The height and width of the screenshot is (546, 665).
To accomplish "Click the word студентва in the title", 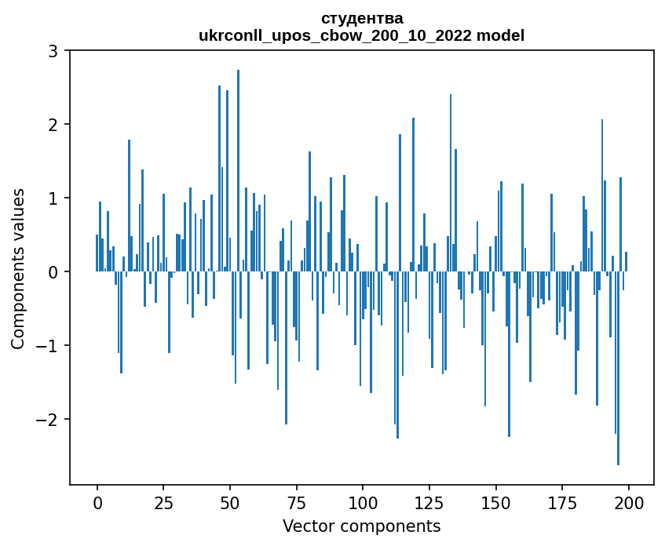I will click(x=362, y=18).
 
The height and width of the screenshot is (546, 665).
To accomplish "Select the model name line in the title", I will click(x=362, y=35).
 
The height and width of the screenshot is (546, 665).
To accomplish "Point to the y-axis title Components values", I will click(x=17, y=268).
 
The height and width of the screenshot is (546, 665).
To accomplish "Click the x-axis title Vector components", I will click(x=361, y=526).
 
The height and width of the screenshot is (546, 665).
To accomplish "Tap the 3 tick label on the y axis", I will click(x=53, y=51).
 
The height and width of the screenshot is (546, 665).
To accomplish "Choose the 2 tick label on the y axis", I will click(x=53, y=125).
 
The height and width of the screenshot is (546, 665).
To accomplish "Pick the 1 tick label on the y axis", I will click(x=53, y=198).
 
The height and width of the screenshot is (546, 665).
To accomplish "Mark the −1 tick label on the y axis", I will click(x=47, y=346).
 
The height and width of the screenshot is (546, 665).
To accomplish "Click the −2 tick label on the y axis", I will click(x=47, y=420).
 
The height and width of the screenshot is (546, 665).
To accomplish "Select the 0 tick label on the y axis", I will click(x=53, y=272).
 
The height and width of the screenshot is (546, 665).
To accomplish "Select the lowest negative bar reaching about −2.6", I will click(x=618, y=369).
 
